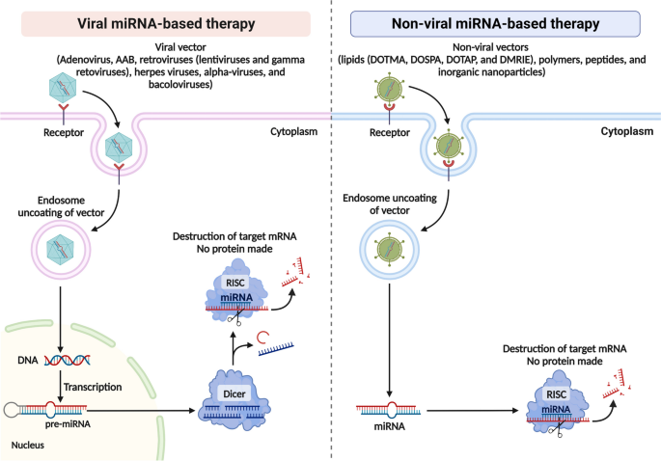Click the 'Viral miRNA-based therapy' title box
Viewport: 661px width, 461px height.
pyautogui.click(x=165, y=24)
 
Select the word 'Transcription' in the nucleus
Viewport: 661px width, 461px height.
pyautogui.click(x=92, y=386)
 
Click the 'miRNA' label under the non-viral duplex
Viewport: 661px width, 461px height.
pyautogui.click(x=387, y=424)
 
